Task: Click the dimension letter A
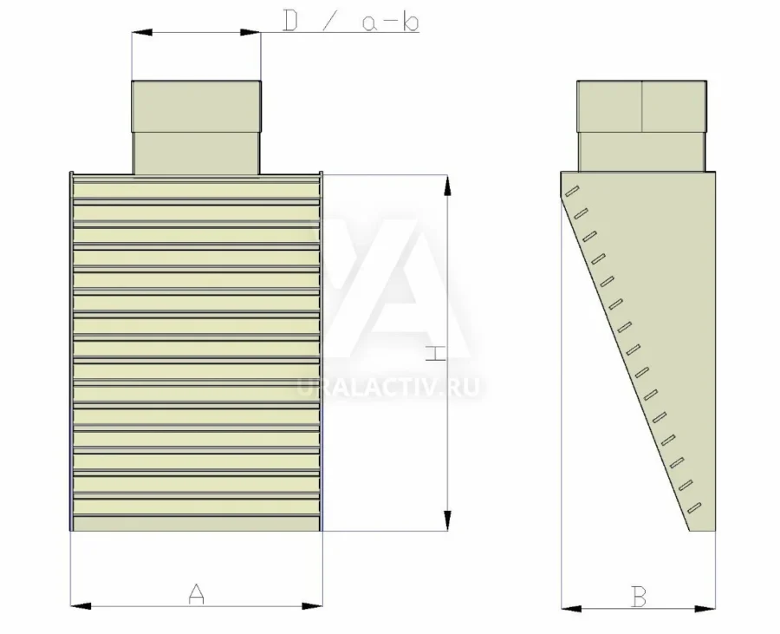197,593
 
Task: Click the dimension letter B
639,597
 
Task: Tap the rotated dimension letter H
436,353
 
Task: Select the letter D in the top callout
290,22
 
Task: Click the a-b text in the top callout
391,23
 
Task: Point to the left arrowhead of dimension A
81,606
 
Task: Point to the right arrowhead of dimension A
312,606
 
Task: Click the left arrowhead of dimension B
572,608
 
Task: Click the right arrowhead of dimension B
705,608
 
